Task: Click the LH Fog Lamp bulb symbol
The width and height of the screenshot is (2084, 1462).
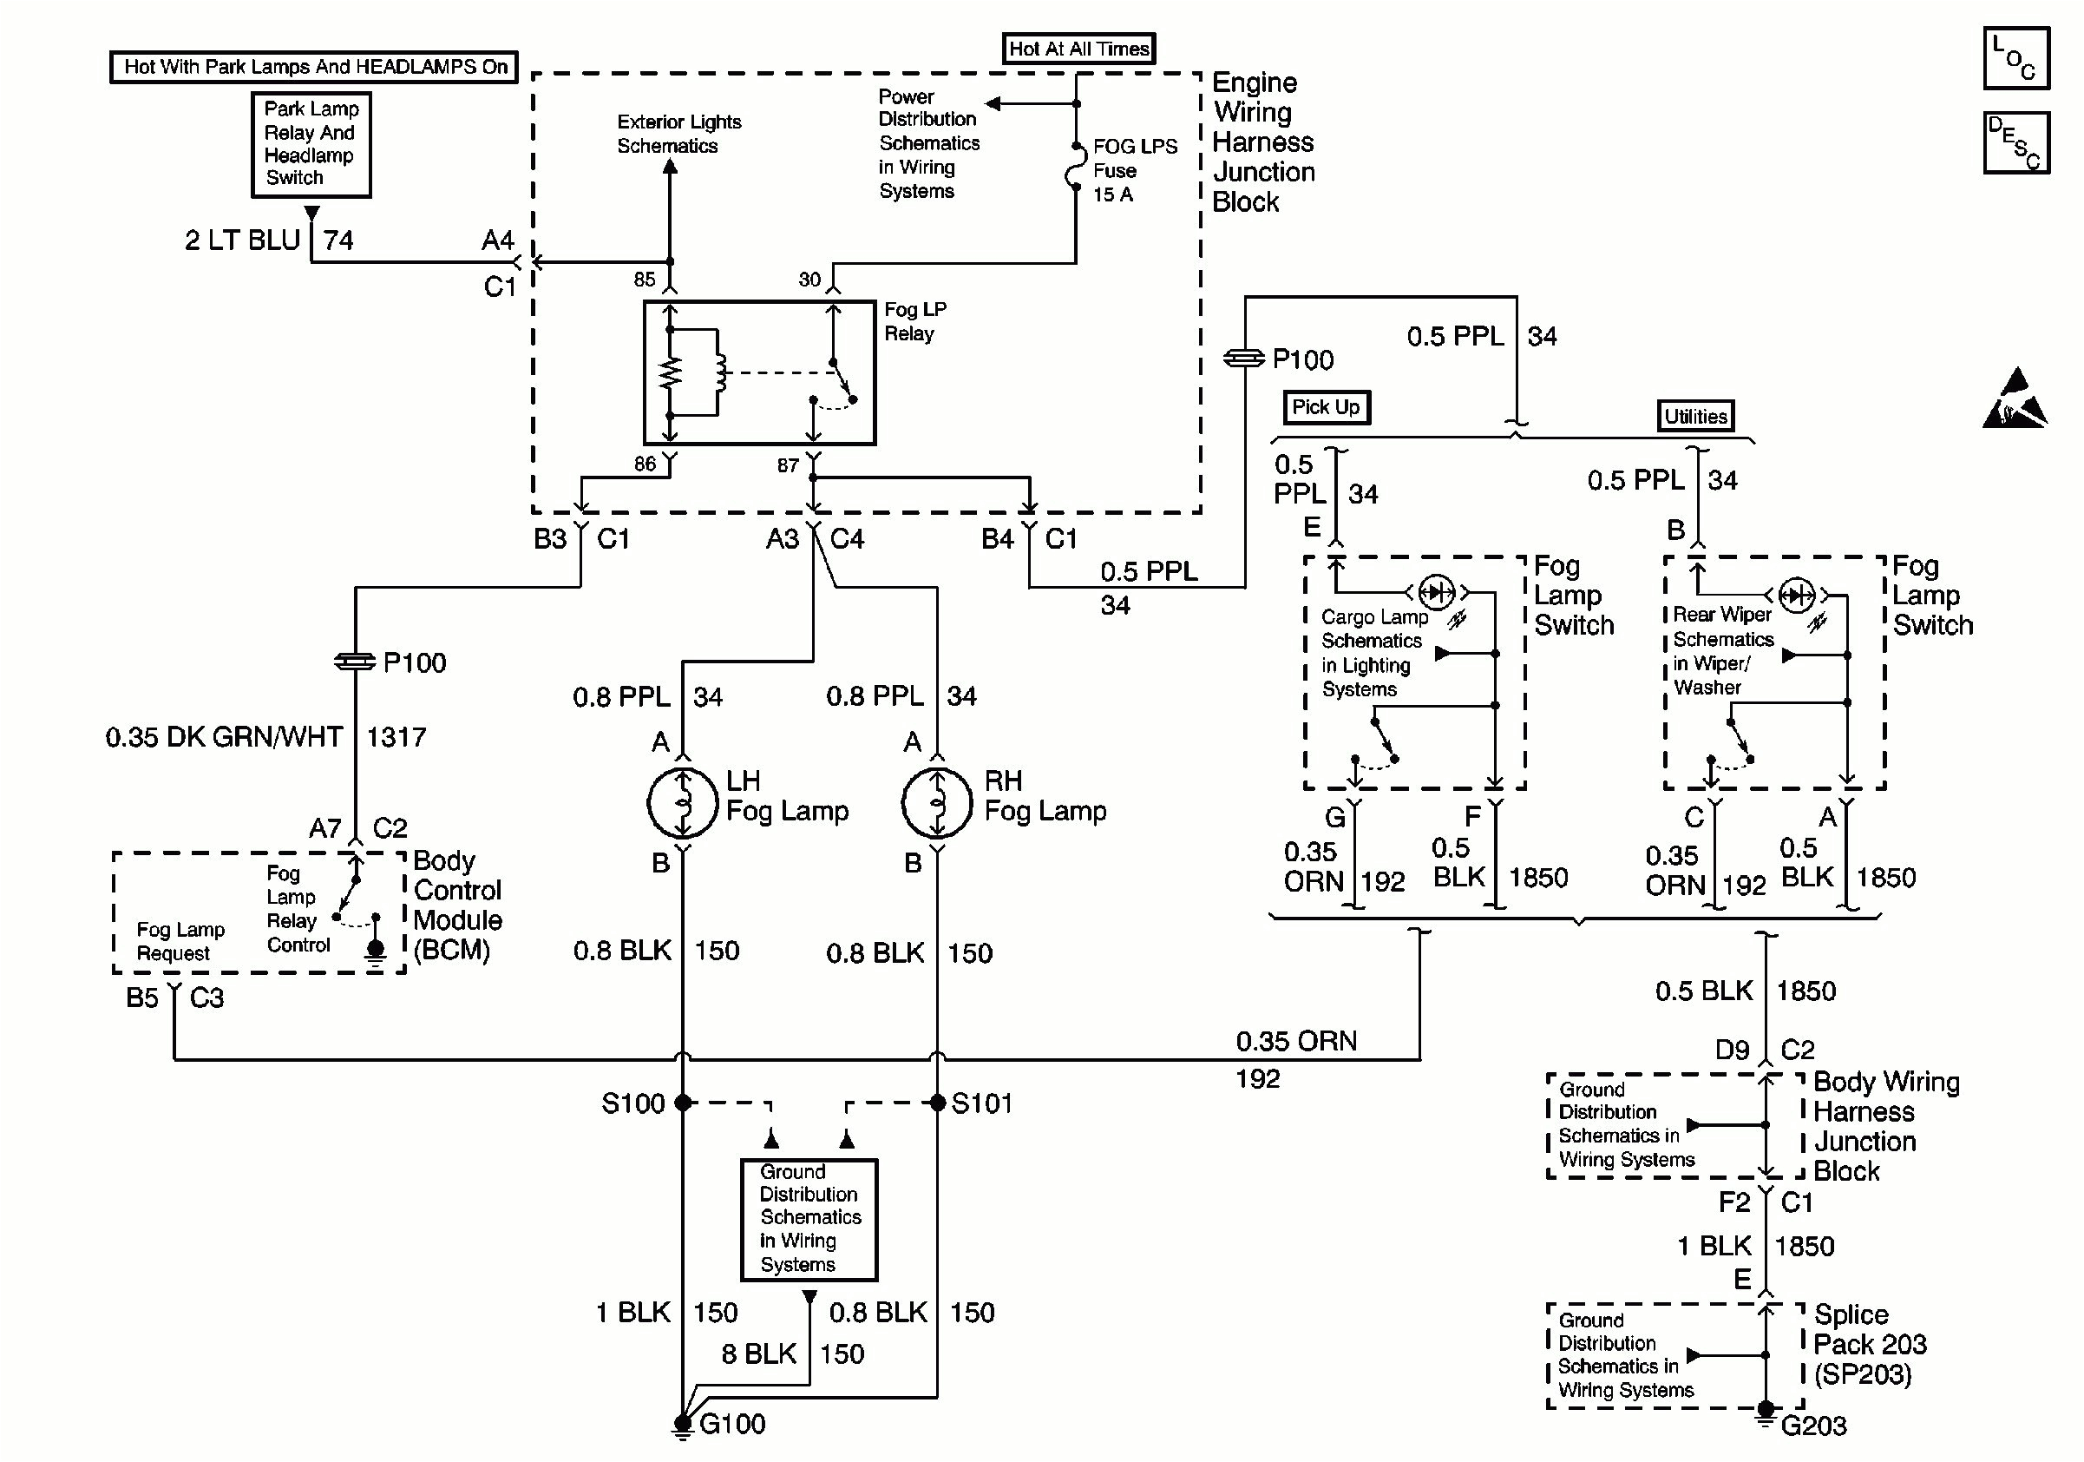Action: coord(683,803)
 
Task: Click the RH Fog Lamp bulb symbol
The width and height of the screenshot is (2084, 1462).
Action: coord(937,803)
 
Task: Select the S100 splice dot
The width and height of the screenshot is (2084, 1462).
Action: coord(683,1103)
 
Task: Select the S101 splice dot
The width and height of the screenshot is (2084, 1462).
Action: coord(938,1103)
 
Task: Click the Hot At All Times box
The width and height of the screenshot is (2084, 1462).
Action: coord(1078,48)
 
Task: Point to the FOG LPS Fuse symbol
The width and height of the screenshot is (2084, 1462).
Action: coord(1076,168)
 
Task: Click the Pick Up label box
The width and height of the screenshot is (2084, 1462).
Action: coord(1325,407)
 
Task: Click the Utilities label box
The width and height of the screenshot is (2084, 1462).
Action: coord(1694,416)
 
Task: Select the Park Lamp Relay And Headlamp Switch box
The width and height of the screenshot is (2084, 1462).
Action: coord(311,144)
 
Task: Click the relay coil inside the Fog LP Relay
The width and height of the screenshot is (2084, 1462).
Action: coord(720,372)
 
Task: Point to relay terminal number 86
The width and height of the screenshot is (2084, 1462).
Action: coord(645,464)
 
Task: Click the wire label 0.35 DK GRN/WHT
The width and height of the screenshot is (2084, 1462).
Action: coord(223,736)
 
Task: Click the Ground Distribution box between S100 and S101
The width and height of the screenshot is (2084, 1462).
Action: coord(809,1219)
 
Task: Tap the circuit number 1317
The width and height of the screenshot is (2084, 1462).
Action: coord(396,736)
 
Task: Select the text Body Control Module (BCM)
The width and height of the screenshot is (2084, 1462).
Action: coord(456,905)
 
